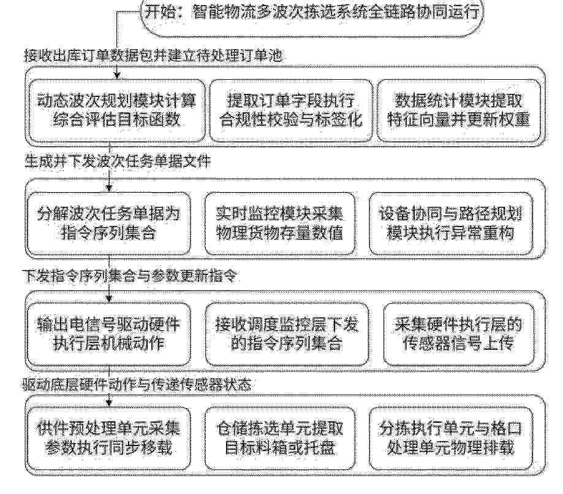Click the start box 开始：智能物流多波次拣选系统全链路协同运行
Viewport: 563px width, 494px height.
[312, 16]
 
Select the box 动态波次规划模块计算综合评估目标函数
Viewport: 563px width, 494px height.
[116, 110]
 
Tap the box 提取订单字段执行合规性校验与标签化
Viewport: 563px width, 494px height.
[290, 110]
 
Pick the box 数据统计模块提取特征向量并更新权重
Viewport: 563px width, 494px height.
[458, 110]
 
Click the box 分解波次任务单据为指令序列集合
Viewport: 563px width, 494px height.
[109, 223]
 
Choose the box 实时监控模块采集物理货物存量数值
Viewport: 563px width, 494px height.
[280, 223]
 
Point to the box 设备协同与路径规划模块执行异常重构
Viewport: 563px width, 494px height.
[451, 223]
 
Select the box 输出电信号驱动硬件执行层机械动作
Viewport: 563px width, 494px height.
[109, 334]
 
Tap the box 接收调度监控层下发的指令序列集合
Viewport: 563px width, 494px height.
[287, 334]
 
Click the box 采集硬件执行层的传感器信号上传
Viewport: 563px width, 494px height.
[458, 334]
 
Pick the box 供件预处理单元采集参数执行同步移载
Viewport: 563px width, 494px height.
[109, 438]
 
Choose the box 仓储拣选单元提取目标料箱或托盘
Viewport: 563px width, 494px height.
[280, 438]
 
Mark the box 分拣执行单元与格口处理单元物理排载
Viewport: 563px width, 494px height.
[451, 438]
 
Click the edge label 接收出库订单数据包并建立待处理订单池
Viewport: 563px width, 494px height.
[153, 56]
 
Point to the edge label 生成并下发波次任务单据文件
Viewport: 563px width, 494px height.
[118, 161]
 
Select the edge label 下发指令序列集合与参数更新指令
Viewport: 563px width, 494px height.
[130, 276]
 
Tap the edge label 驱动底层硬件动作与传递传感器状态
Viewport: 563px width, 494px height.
[137, 385]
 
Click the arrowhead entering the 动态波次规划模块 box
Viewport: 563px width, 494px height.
[116, 76]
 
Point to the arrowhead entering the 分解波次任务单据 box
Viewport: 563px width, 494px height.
[109, 188]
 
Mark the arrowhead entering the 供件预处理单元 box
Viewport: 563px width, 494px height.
[109, 403]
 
